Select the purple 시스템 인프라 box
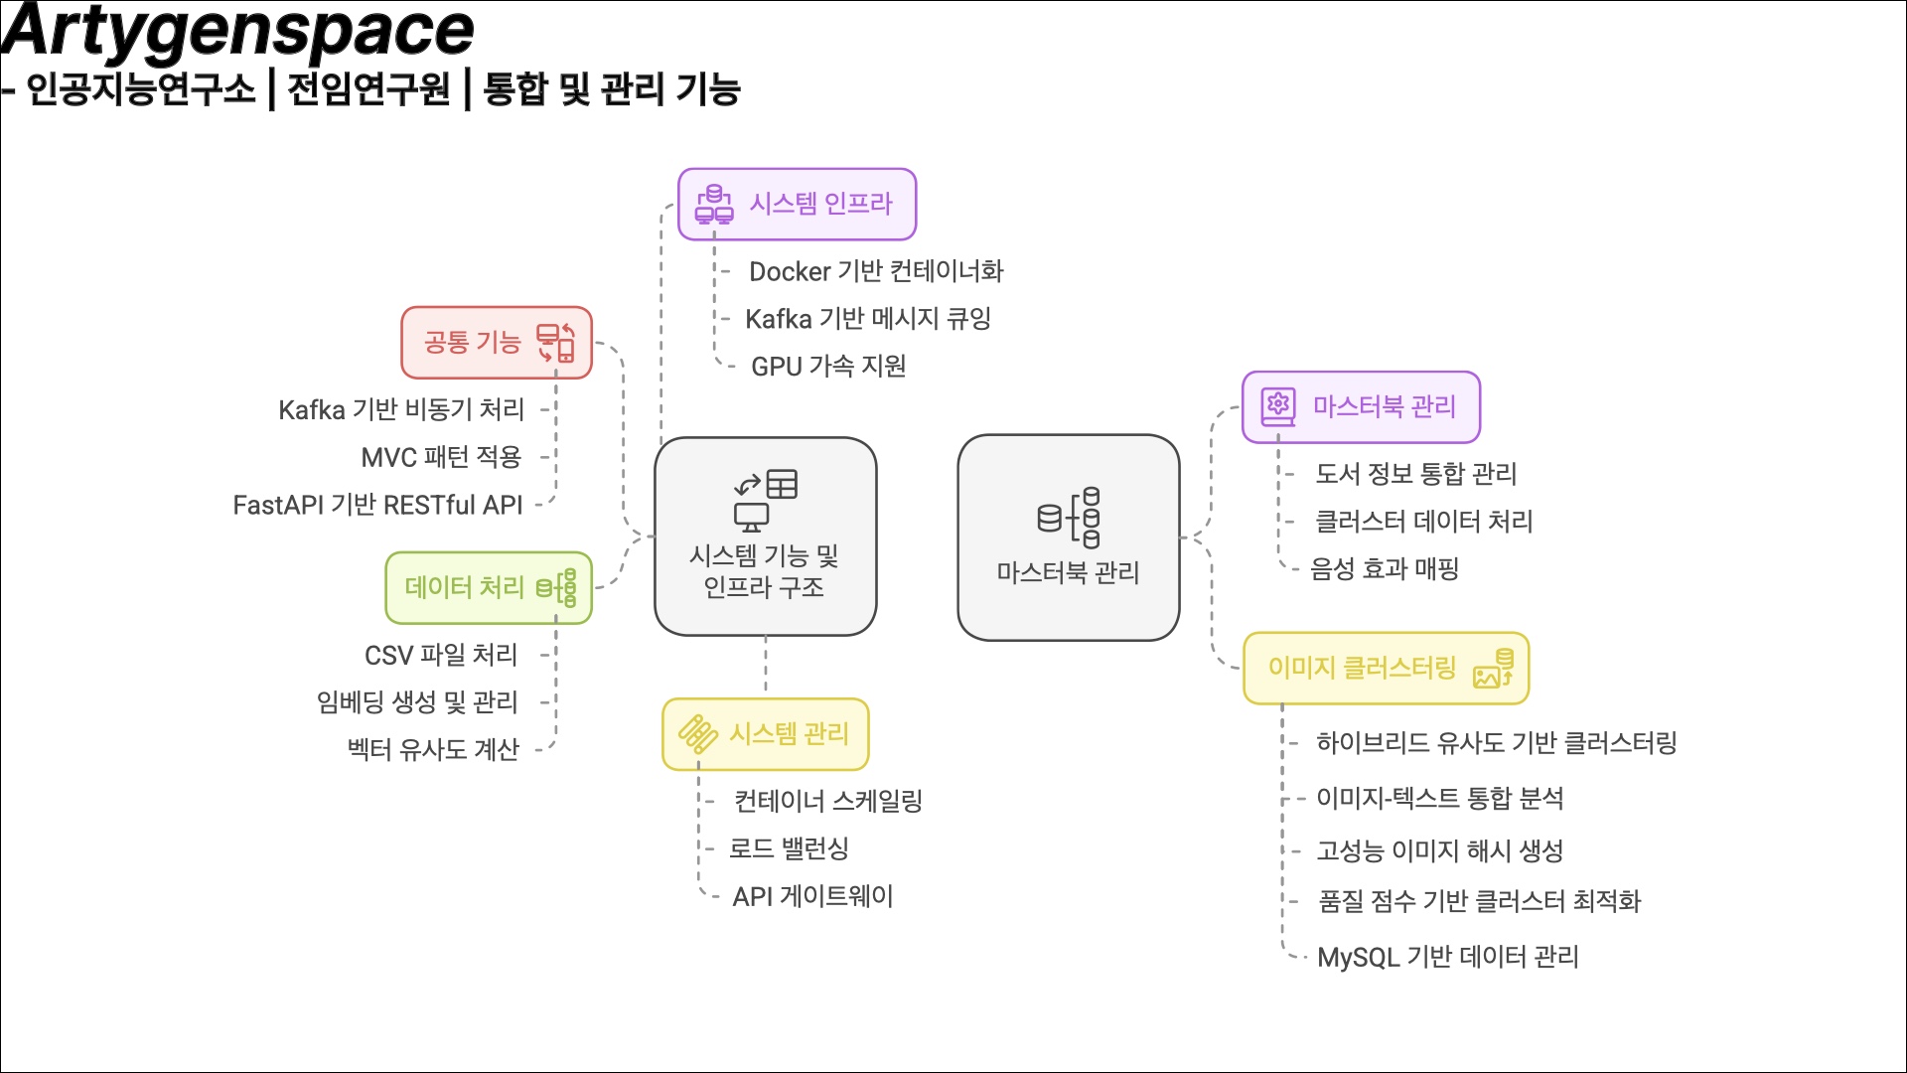(797, 204)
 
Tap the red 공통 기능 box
(497, 343)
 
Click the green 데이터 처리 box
(489, 588)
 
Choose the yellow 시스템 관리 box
(766, 734)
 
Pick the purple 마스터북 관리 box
(1361, 407)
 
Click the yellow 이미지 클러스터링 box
(1386, 669)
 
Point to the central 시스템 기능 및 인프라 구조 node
(765, 536)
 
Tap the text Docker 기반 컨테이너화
(876, 271)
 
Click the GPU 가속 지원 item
(828, 367)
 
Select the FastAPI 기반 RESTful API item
(377, 506)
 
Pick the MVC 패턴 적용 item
(441, 457)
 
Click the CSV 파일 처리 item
(441, 656)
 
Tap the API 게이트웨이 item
(812, 897)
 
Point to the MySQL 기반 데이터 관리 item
(1448, 958)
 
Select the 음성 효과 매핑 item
(1385, 569)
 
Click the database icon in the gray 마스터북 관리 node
(1069, 518)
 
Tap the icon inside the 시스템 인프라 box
(714, 204)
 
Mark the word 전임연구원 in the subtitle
(368, 89)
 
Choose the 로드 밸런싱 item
(789, 849)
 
